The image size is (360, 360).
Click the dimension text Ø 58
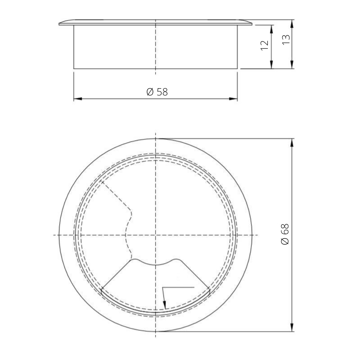pos(157,92)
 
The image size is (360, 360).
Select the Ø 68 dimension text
pos(285,234)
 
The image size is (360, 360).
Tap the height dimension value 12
pos(265,45)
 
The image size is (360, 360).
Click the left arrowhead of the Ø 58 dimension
pos(77,99)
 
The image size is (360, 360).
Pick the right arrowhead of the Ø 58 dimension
pos(234,99)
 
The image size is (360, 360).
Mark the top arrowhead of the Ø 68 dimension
pos(292,142)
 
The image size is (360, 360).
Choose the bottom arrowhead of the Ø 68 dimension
pos(292,328)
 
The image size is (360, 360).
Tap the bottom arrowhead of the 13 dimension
pos(292,65)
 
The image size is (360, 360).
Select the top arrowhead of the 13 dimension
pos(292,23)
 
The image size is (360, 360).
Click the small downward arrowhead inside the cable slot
pos(165,305)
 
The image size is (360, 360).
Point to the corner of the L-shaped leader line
pos(163,287)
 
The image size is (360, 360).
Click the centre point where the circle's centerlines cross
pos(156,235)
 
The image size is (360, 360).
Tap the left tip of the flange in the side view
pos(59,24)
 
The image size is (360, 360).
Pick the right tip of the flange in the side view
pos(252,24)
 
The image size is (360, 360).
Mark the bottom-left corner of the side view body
pos(74,68)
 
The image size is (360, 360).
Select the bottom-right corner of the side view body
pos(237,68)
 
